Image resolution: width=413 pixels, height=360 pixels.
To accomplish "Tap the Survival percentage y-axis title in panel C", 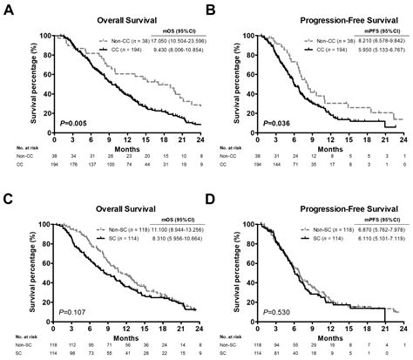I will click(x=17, y=265).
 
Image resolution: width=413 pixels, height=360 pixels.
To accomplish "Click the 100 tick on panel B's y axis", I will click(x=248, y=36).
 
